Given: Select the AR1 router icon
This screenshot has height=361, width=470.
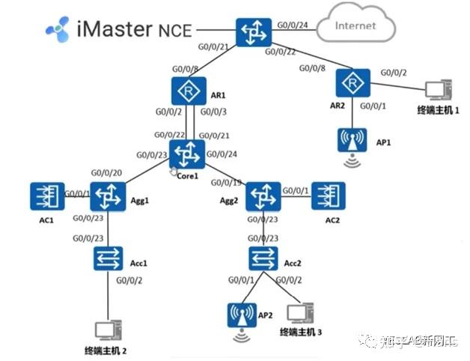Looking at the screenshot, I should [x=184, y=92].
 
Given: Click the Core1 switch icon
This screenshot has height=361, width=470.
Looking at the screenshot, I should [x=186, y=154].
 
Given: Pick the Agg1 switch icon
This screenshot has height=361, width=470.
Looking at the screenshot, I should [x=107, y=197].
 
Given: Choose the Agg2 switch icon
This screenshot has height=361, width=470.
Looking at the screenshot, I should [x=263, y=197].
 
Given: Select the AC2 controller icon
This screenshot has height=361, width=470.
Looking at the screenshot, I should [x=327, y=197].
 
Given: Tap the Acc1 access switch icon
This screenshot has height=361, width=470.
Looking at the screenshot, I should [x=107, y=258].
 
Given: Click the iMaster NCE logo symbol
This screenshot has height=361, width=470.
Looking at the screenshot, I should [x=58, y=29].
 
